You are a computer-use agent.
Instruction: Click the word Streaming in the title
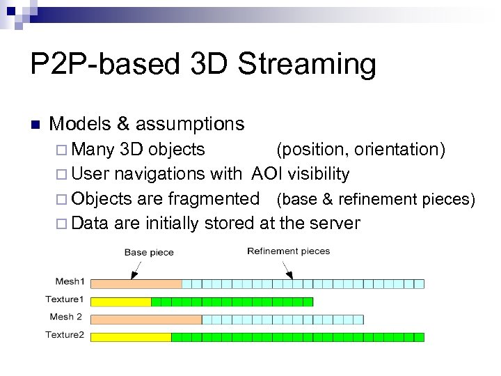tap(307, 65)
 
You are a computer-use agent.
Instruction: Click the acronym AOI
tap(268, 173)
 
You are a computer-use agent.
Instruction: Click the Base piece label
tap(149, 252)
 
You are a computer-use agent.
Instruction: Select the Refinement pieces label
tap(288, 251)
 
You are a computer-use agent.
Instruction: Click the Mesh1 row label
tap(70, 282)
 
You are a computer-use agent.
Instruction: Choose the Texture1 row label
tap(65, 299)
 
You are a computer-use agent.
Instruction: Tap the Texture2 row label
tap(65, 335)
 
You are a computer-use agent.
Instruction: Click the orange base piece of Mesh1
tap(136, 283)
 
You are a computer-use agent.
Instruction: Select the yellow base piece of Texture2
tap(131, 337)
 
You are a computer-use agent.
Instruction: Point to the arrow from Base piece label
tap(137, 267)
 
